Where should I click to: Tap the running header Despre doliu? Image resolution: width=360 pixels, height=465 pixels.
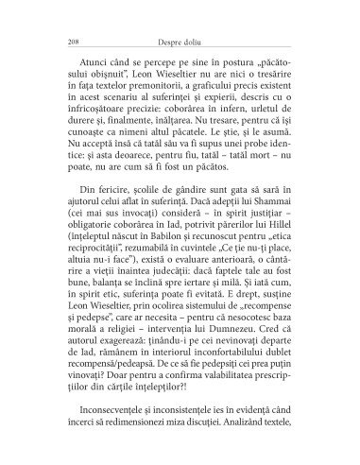[x=179, y=41]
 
